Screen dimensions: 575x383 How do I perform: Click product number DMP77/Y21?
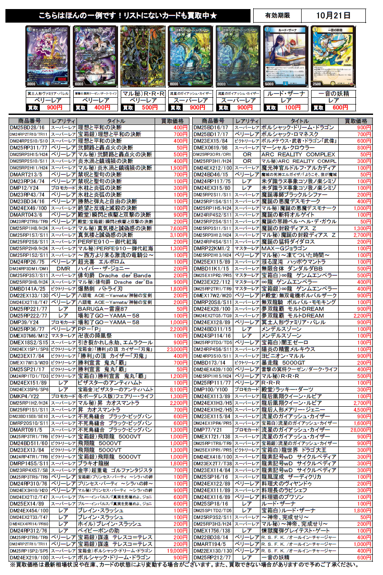[x=211, y=430]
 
